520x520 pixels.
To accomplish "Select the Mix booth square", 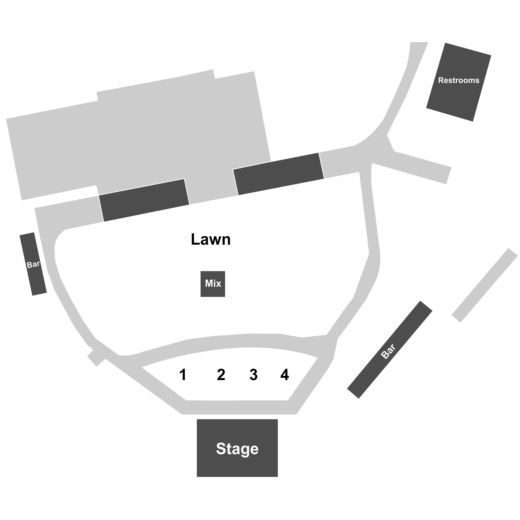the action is pos(213,284).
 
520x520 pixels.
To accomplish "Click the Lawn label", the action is pos(211,239).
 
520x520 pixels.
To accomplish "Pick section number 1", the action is pos(183,375).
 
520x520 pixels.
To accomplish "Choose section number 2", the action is pos(221,375).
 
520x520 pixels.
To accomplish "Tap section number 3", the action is pos(254,375).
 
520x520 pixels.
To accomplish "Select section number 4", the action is pos(285,375).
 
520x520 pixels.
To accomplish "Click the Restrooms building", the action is pos(459,82).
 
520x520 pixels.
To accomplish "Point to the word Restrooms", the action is pos(459,80).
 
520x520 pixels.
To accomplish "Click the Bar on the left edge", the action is pos(33,264).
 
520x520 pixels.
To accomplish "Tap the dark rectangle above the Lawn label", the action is pos(144,200).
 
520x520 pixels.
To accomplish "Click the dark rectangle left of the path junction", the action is pos(278,174).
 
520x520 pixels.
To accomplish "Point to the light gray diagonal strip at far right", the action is pos(485,285).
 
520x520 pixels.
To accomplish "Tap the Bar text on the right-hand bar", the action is pos(388,351).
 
